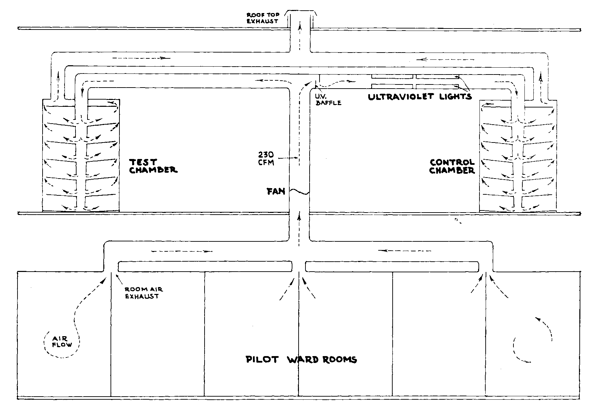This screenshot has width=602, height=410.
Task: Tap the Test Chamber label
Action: (x=153, y=166)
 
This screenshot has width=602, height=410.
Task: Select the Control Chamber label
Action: (x=452, y=167)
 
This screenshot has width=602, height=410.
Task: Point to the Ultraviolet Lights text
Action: (x=420, y=96)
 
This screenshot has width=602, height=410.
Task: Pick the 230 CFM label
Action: (x=266, y=158)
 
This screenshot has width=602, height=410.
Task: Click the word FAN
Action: (x=276, y=191)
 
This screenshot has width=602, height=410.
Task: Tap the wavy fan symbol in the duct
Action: (x=299, y=192)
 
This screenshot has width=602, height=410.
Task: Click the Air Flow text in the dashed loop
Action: (x=62, y=341)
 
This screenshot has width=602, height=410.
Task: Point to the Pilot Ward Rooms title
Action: (x=302, y=360)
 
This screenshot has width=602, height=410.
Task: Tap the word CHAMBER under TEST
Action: (x=153, y=170)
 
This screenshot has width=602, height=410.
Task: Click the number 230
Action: (x=266, y=155)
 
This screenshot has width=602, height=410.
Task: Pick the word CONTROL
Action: (x=452, y=162)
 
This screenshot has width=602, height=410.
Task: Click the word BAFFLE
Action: (x=329, y=103)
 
